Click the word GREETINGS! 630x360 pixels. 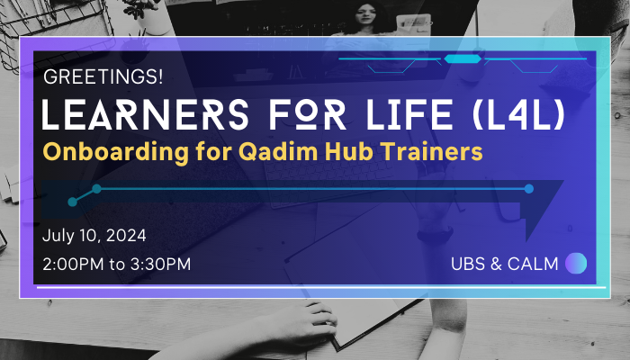click(103, 76)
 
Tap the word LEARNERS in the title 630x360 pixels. click(146, 114)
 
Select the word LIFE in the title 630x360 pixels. click(409, 114)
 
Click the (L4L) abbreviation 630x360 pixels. click(518, 114)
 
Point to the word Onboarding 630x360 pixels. click(116, 153)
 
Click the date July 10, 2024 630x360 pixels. click(94, 236)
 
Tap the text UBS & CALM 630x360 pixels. click(505, 264)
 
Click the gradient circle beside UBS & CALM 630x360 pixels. click(576, 263)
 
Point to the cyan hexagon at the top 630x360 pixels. click(463, 59)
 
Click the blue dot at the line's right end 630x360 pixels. click(529, 188)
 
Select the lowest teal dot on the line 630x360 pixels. click(72, 202)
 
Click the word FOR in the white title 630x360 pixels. click(308, 114)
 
